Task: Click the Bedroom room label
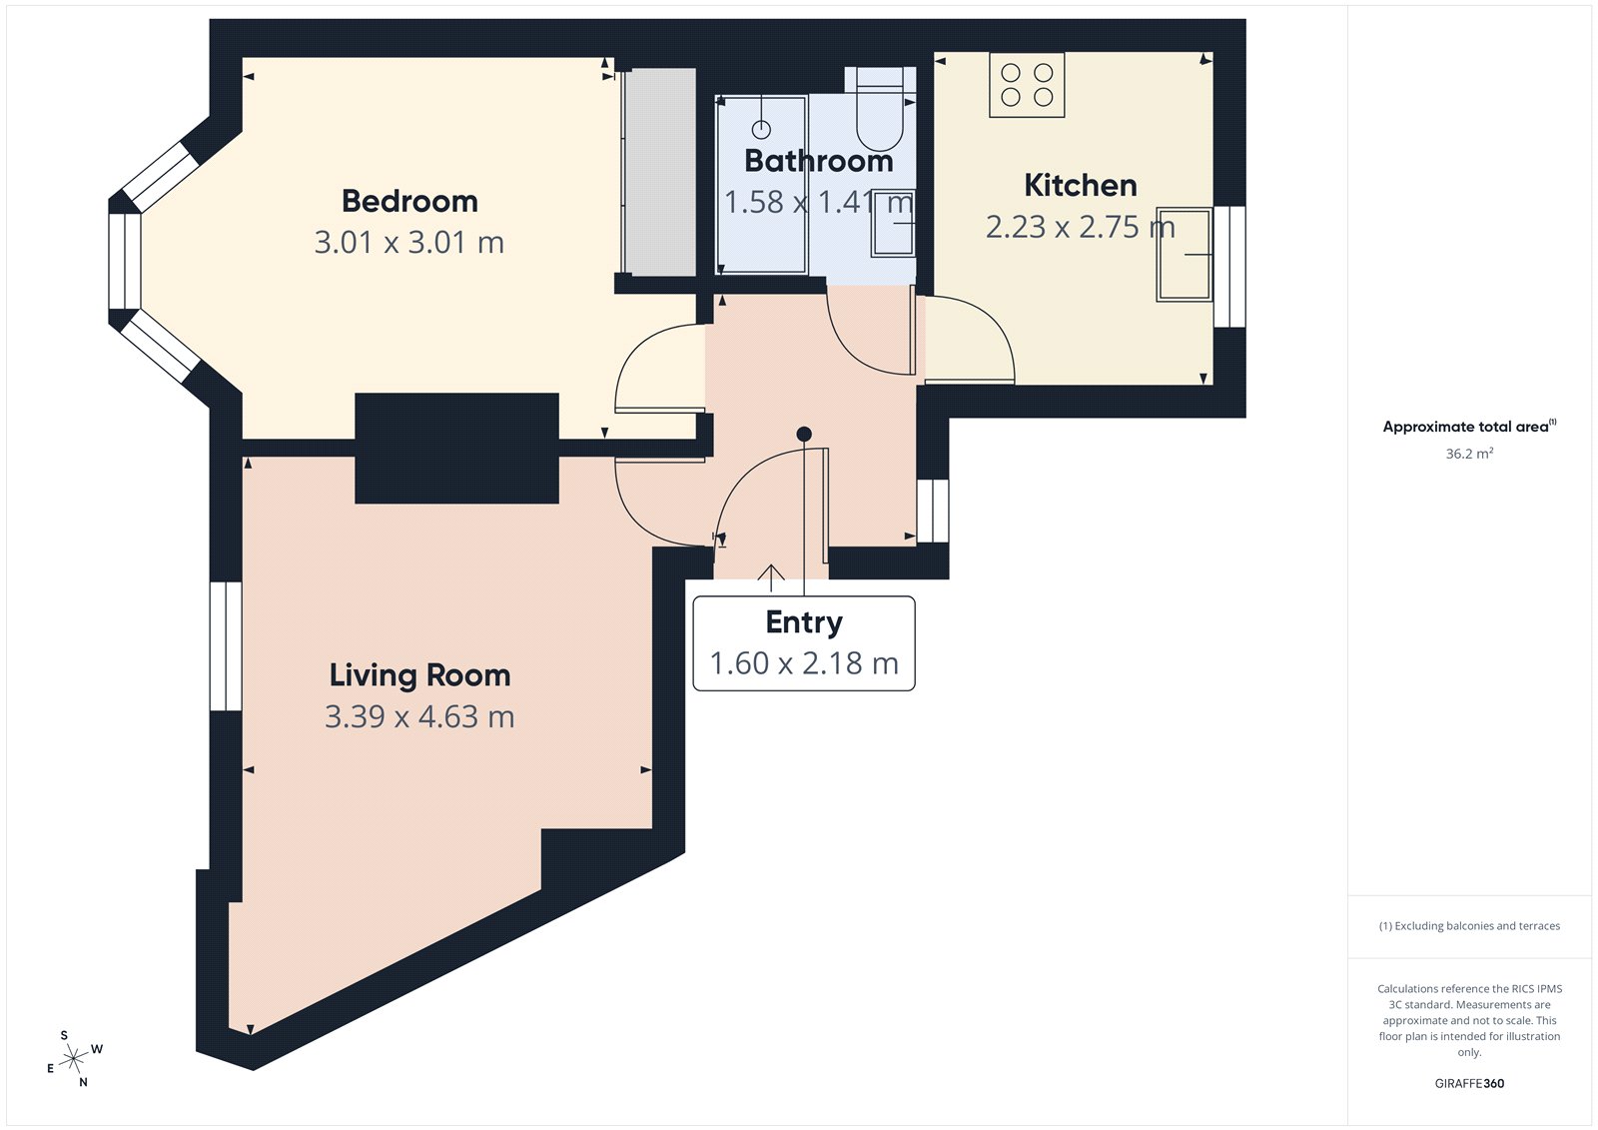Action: pyautogui.click(x=409, y=201)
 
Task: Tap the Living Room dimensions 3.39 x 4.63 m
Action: pyautogui.click(x=419, y=716)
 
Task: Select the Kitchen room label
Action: pyautogui.click(x=1080, y=185)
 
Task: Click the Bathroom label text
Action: pyautogui.click(x=818, y=161)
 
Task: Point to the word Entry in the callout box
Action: pyautogui.click(x=804, y=622)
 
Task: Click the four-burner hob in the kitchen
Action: pyautogui.click(x=1027, y=85)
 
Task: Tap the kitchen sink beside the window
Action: pyautogui.click(x=1184, y=254)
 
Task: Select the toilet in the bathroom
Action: pyautogui.click(x=880, y=110)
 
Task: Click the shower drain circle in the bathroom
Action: pyautogui.click(x=761, y=129)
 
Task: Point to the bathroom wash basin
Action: pyautogui.click(x=893, y=225)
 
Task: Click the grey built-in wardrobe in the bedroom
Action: pyautogui.click(x=659, y=172)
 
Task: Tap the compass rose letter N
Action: pyautogui.click(x=83, y=1082)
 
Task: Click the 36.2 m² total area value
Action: pyautogui.click(x=1469, y=454)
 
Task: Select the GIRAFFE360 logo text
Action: pyautogui.click(x=1469, y=1083)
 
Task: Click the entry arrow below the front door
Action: pyautogui.click(x=770, y=573)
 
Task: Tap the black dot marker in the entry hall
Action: pyautogui.click(x=804, y=434)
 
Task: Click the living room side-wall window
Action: pyautogui.click(x=226, y=645)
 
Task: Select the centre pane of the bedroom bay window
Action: pyautogui.click(x=125, y=262)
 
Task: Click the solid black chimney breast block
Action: pyautogui.click(x=456, y=448)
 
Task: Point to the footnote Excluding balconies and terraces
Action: pyautogui.click(x=1469, y=926)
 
